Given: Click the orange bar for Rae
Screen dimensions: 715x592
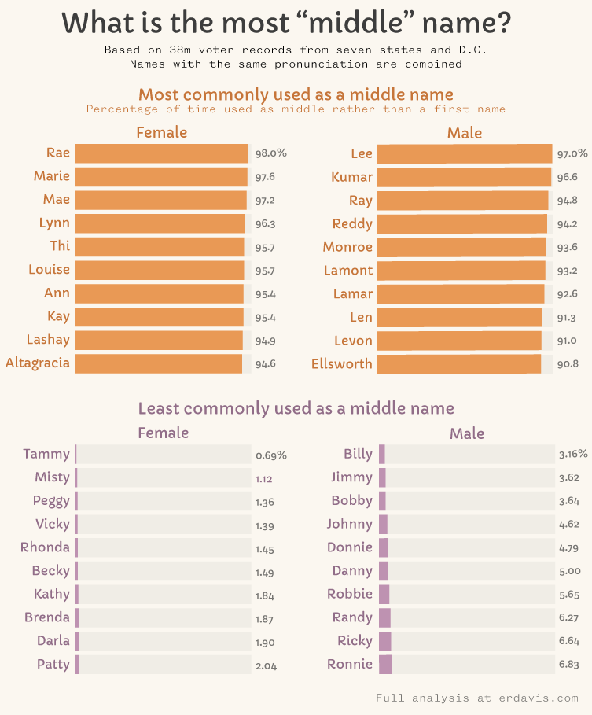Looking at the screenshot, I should (161, 153).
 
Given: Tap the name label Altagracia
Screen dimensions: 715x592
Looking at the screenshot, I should (38, 363).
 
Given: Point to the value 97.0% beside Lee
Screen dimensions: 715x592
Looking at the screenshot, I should (572, 154).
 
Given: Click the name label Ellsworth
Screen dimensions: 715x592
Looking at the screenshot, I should (342, 363).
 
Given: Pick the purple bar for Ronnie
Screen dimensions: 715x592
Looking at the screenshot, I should (385, 665).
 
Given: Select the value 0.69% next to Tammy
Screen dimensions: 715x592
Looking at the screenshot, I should (271, 455).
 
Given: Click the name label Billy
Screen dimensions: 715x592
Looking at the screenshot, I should (358, 454).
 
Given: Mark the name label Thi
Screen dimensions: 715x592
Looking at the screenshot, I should (60, 245).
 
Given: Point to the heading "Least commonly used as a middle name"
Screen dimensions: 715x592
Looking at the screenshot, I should (296, 408).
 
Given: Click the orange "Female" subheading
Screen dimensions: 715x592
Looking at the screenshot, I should (162, 132).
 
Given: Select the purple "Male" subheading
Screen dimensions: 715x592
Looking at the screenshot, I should (467, 433).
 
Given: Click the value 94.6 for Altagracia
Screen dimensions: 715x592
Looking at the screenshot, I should (265, 363).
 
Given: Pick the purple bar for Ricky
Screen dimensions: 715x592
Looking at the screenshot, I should (385, 641).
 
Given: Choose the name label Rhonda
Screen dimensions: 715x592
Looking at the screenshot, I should (46, 547).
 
